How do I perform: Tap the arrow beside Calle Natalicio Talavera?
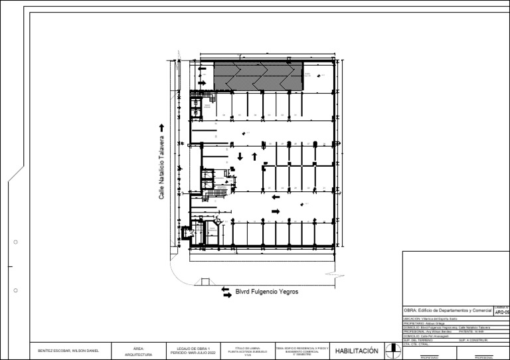coord(161,127)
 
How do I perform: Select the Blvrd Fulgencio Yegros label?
coord(267,292)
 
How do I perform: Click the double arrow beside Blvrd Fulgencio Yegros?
coord(226,292)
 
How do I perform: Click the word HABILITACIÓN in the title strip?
coord(357,351)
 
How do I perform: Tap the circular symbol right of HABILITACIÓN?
coord(392,350)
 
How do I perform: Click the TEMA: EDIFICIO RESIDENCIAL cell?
coord(302,351)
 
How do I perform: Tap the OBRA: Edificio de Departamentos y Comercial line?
coord(447,311)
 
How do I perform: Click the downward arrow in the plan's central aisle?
coord(240,157)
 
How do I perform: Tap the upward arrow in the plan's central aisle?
coord(254,157)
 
